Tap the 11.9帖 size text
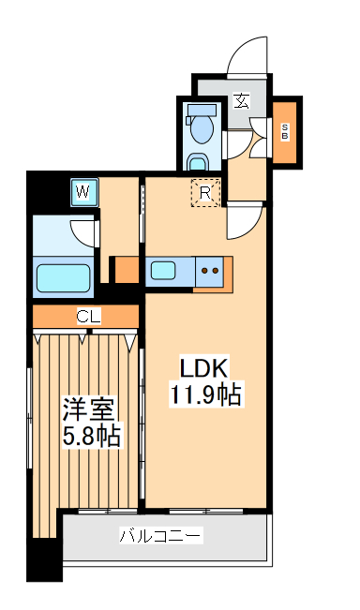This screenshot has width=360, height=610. click(205, 395)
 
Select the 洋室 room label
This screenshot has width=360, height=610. click(88, 409)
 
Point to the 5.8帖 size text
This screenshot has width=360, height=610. click(91, 436)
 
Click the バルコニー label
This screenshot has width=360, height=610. click(160, 537)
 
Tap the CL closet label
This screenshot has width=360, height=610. click(88, 317)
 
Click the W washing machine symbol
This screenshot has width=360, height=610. click(84, 193)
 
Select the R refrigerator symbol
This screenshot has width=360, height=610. click(205, 193)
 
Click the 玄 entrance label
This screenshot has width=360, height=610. click(241, 100)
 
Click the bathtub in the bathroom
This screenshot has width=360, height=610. click(63, 277)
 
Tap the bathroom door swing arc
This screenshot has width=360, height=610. click(83, 231)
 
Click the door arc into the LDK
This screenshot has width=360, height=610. click(242, 222)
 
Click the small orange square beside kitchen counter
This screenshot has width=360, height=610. click(124, 270)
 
